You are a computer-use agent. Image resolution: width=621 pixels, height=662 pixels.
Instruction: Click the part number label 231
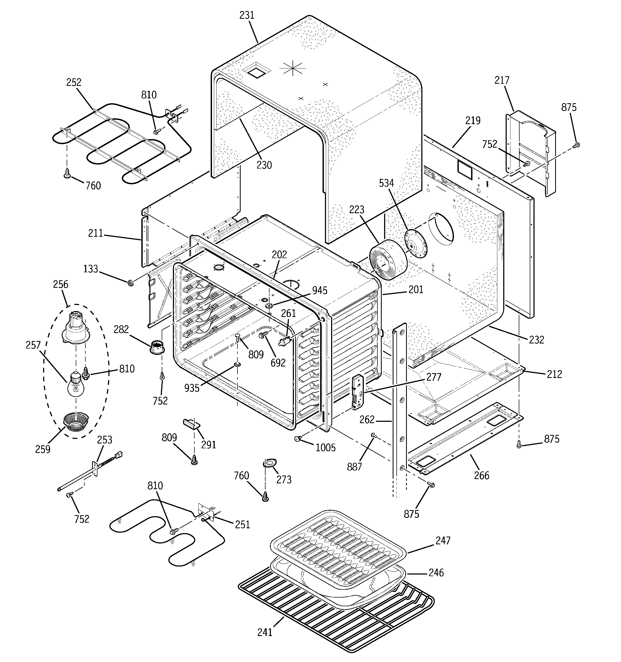[x=247, y=15]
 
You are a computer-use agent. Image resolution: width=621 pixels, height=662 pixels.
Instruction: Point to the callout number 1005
[x=325, y=447]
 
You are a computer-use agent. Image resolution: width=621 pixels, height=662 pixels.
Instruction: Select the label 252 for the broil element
[x=74, y=82]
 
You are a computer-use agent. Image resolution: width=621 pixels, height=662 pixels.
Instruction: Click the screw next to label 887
[x=374, y=435]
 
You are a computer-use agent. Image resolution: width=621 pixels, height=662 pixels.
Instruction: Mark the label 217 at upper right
[x=502, y=80]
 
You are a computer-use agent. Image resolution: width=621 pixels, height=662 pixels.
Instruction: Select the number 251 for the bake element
[x=242, y=525]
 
